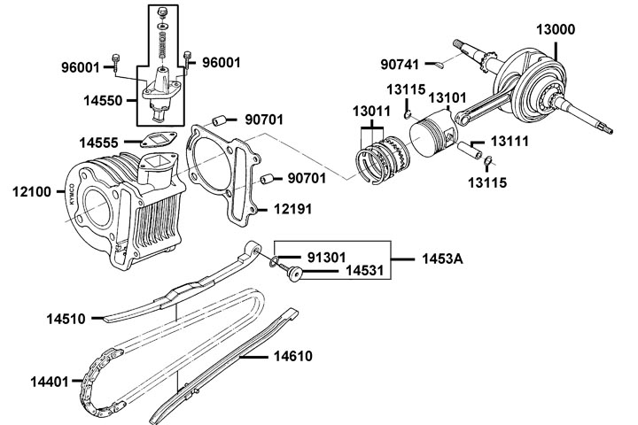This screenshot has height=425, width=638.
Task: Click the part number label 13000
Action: pyautogui.click(x=556, y=30)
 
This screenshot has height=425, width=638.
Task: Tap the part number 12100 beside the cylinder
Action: pyautogui.click(x=32, y=191)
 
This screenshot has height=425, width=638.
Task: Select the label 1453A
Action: pyautogui.click(x=442, y=259)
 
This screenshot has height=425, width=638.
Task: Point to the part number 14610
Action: pyautogui.click(x=293, y=356)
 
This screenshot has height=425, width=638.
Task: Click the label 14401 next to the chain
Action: pyautogui.click(x=50, y=382)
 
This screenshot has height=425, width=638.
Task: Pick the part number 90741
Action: pyautogui.click(x=400, y=65)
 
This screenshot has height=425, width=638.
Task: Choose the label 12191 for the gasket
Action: pyautogui.click(x=293, y=209)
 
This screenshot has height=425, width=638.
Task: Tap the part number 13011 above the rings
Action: pyautogui.click(x=371, y=111)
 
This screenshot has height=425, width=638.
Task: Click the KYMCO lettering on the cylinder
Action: pyautogui.click(x=73, y=195)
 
